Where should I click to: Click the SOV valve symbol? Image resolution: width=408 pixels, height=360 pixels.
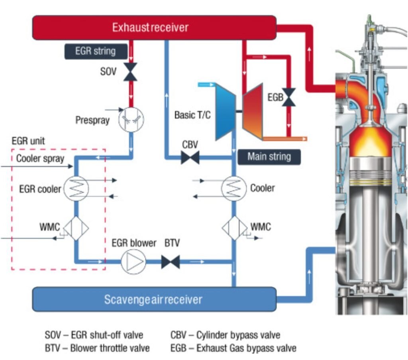coord(130,72)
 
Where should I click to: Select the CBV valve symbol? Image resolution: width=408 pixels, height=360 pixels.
coord(190,157)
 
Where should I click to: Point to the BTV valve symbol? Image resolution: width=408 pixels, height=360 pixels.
coord(171,262)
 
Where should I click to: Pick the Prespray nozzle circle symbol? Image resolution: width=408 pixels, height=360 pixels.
coord(131,118)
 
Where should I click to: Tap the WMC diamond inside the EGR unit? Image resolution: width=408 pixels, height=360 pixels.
coord(75,228)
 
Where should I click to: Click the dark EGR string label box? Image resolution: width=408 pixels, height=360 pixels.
coord(96,51)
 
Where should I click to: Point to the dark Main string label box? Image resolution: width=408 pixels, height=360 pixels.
coord(269,156)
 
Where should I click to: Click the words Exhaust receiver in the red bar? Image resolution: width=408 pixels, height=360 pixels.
coord(150,28)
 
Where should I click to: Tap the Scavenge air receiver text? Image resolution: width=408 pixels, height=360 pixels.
coord(153,299)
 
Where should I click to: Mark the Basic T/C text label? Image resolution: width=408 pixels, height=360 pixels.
coord(192,115)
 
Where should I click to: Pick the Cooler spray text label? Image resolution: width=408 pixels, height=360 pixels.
coord(40,158)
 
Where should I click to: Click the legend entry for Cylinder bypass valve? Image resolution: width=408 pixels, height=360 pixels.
coord(225,334)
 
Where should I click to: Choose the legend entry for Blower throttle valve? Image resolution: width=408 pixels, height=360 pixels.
coord(97,348)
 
